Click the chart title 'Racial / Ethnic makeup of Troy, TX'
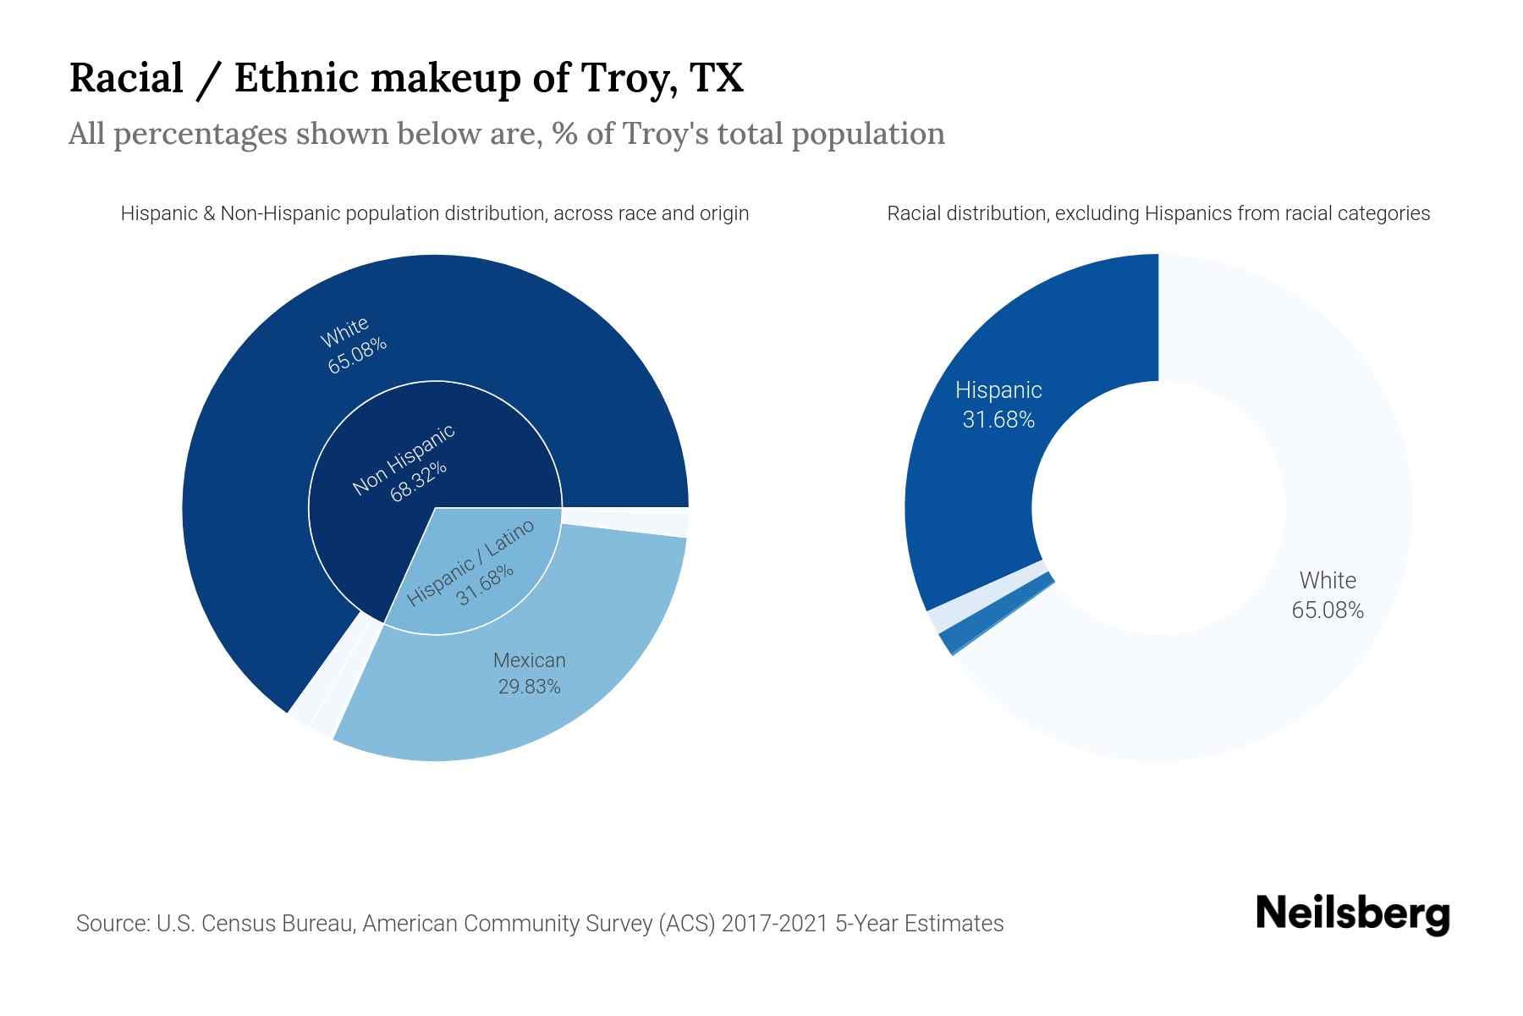pyautogui.click(x=406, y=78)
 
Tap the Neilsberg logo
pyautogui.click(x=1352, y=914)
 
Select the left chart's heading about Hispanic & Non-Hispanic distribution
pyautogui.click(x=434, y=213)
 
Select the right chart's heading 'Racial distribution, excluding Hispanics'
pyautogui.click(x=1157, y=213)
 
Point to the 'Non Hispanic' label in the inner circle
pyautogui.click(x=403, y=458)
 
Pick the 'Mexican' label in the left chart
pyautogui.click(x=529, y=660)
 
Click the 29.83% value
pyautogui.click(x=529, y=687)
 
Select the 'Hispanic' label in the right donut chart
pyautogui.click(x=998, y=390)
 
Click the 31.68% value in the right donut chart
pyautogui.click(x=998, y=420)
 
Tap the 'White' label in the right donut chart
pyautogui.click(x=1327, y=581)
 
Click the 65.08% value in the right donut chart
pyautogui.click(x=1327, y=610)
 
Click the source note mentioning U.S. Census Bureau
pyautogui.click(x=539, y=923)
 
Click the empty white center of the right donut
pyautogui.click(x=1158, y=508)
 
